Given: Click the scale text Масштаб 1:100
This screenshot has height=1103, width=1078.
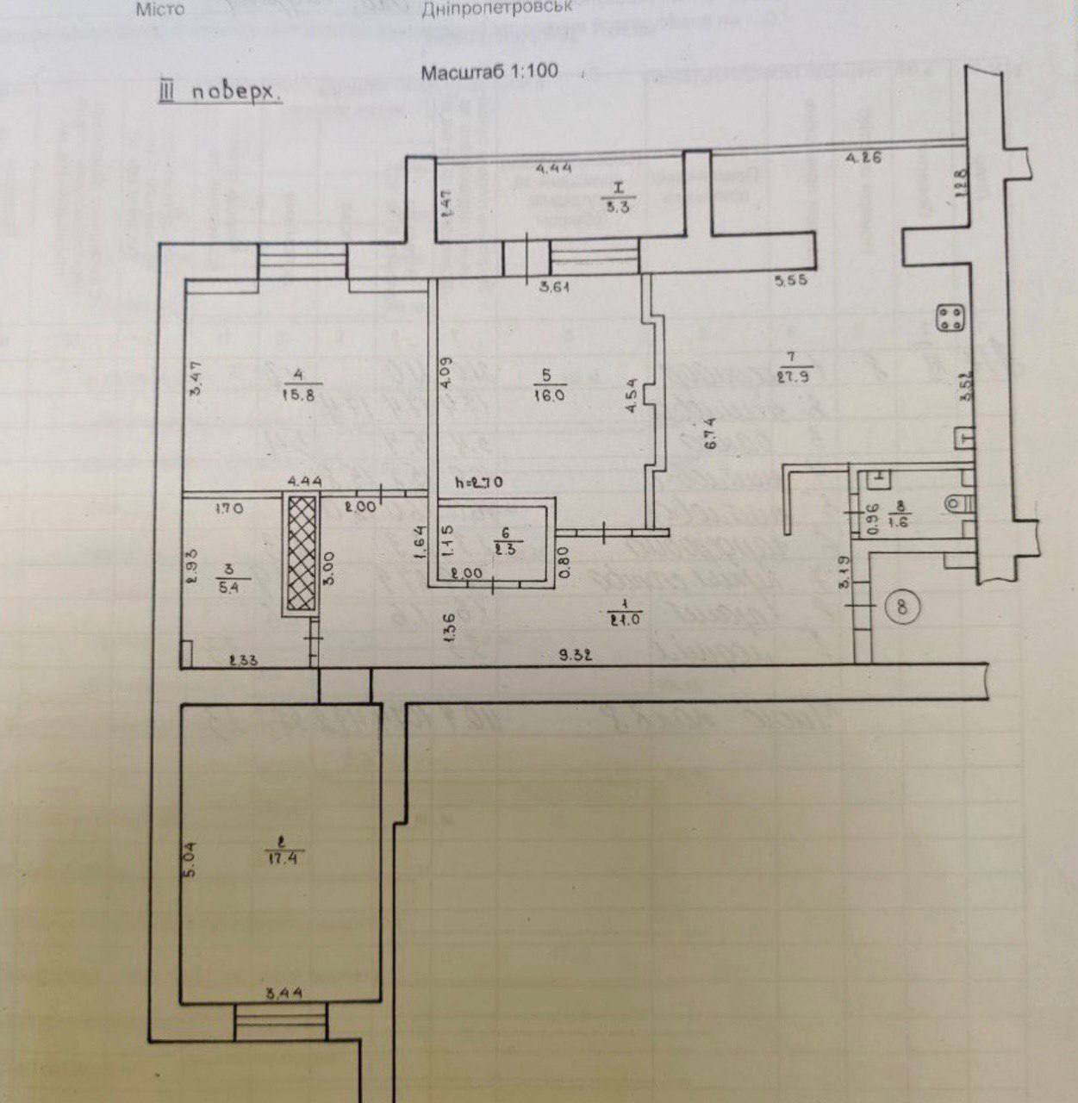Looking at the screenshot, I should tap(489, 72).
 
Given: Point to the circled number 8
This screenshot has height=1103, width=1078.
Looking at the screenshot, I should tap(901, 606).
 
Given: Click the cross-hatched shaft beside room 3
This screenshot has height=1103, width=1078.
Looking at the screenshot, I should tap(301, 553).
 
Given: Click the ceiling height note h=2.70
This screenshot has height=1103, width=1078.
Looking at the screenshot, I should tap(479, 483).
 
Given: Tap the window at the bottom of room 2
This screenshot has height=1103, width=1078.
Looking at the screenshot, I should tap(281, 1022).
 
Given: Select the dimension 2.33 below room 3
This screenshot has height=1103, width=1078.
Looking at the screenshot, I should tap(245, 662).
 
